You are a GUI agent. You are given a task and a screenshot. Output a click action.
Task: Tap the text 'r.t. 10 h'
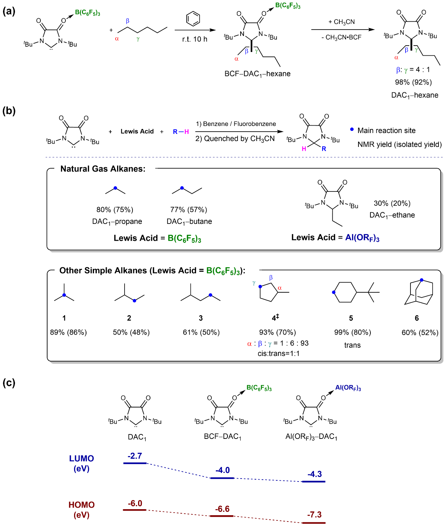[x=195, y=39]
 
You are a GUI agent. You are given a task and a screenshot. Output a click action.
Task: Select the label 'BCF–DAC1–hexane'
[x=257, y=74]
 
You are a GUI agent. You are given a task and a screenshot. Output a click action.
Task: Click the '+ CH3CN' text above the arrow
[x=342, y=22]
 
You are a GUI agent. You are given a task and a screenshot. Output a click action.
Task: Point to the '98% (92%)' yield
[x=413, y=82]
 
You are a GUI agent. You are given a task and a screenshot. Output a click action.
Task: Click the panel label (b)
[x=9, y=111]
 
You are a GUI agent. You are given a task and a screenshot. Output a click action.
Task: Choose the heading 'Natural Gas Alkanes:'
[x=103, y=169]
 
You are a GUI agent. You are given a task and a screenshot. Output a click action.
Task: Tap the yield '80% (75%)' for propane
[x=115, y=210]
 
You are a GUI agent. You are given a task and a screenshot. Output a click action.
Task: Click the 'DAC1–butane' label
[x=189, y=222]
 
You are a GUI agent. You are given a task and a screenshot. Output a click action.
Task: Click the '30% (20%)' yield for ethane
[x=392, y=203]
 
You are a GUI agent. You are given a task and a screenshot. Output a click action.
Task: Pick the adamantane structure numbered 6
[x=419, y=292]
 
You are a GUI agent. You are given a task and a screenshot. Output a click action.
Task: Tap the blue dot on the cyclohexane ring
[x=334, y=293]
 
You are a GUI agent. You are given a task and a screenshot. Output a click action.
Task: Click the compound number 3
[x=201, y=318]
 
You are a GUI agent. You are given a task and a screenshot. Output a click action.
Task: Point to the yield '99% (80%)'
[x=352, y=332]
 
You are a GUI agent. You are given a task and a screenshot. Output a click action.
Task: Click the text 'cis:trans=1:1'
[x=278, y=354]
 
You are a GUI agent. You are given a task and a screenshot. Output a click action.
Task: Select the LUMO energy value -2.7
[x=135, y=456]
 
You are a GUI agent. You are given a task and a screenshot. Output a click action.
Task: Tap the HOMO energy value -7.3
[x=314, y=515]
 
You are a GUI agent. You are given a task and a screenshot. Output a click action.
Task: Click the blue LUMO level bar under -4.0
[x=222, y=478]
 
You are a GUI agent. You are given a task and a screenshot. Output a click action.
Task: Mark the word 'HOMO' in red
[x=82, y=505]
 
